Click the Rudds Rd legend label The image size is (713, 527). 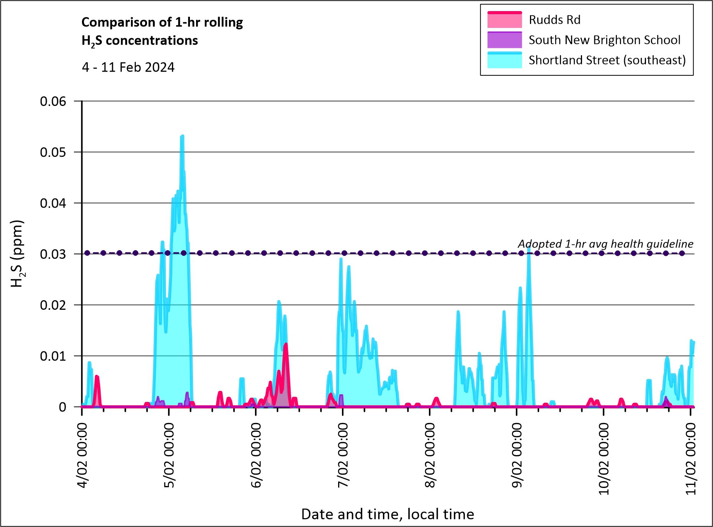554,20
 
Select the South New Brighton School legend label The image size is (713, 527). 605,40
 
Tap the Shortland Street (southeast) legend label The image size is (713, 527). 607,60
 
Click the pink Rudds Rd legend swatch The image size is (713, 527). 504,20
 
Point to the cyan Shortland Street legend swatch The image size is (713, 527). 504,60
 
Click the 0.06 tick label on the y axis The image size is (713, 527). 53,101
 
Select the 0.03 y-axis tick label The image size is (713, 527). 53,254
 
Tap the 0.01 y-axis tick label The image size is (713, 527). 53,356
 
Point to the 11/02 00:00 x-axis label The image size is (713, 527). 691,459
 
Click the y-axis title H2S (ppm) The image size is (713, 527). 17,254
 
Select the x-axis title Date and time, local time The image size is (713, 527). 388,514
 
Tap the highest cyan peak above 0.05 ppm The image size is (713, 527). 182,136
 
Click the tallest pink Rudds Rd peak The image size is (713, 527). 286,344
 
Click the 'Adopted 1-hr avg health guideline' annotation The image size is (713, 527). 605,244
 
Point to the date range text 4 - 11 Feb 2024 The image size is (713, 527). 128,67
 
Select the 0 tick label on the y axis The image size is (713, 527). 62,407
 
